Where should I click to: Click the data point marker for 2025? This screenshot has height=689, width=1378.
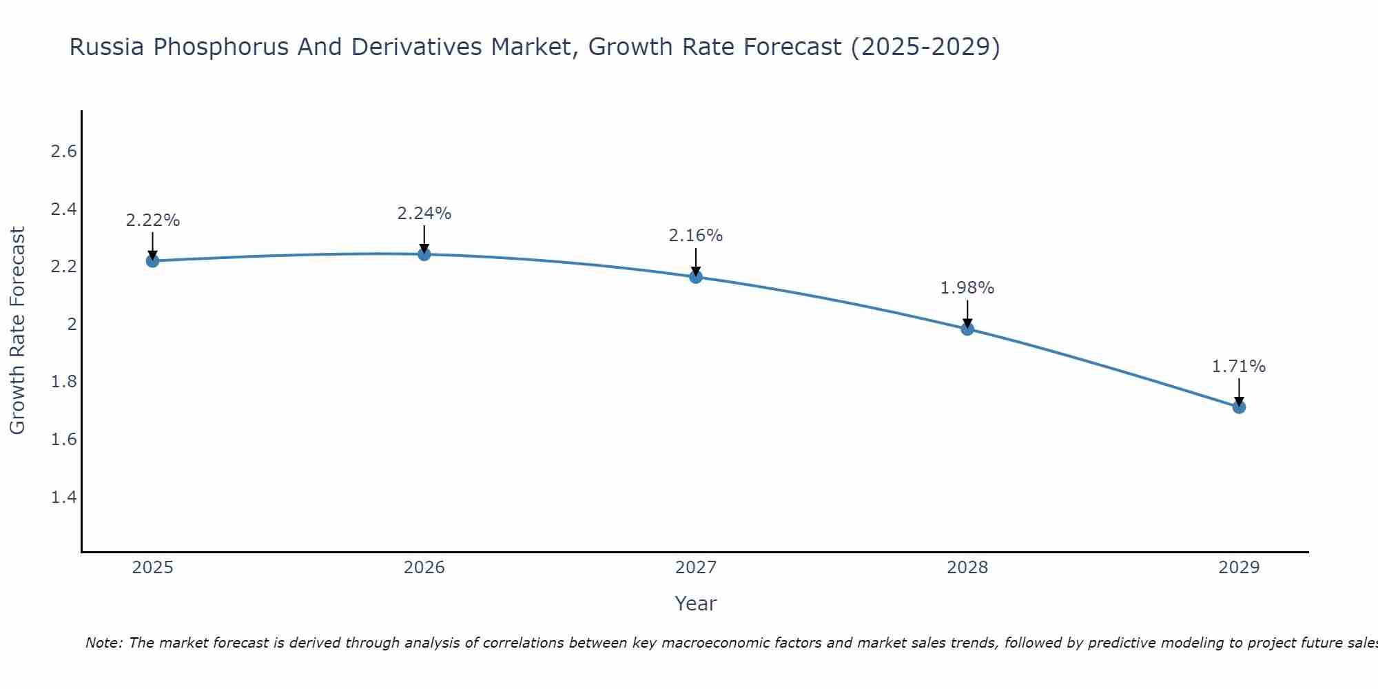coord(153,261)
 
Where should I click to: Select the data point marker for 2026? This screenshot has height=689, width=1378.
coord(424,254)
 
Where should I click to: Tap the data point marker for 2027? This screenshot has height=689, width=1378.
coord(696,277)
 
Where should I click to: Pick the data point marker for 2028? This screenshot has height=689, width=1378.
coord(967,329)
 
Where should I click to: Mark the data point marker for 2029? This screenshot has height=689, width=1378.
coord(1239,407)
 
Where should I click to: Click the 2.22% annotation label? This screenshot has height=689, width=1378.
coord(153,220)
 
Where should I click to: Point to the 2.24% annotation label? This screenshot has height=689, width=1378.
coord(424,214)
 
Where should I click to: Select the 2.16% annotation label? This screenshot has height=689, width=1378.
coord(696,236)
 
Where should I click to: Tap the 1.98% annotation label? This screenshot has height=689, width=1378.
coord(967,288)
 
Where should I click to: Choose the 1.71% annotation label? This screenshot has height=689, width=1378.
coord(1239,367)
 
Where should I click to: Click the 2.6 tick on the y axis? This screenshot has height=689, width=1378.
coord(63,152)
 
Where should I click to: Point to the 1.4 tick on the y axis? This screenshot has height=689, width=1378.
coord(63,497)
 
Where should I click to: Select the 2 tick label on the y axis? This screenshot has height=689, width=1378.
coord(72,325)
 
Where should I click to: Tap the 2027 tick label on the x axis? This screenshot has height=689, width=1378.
coord(696,568)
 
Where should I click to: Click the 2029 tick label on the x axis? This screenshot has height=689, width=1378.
coord(1239,568)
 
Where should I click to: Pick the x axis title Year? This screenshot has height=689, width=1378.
coord(696,604)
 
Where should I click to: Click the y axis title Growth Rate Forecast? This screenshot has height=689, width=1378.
coord(18,331)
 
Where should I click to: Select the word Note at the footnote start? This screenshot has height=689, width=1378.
coord(103,643)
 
